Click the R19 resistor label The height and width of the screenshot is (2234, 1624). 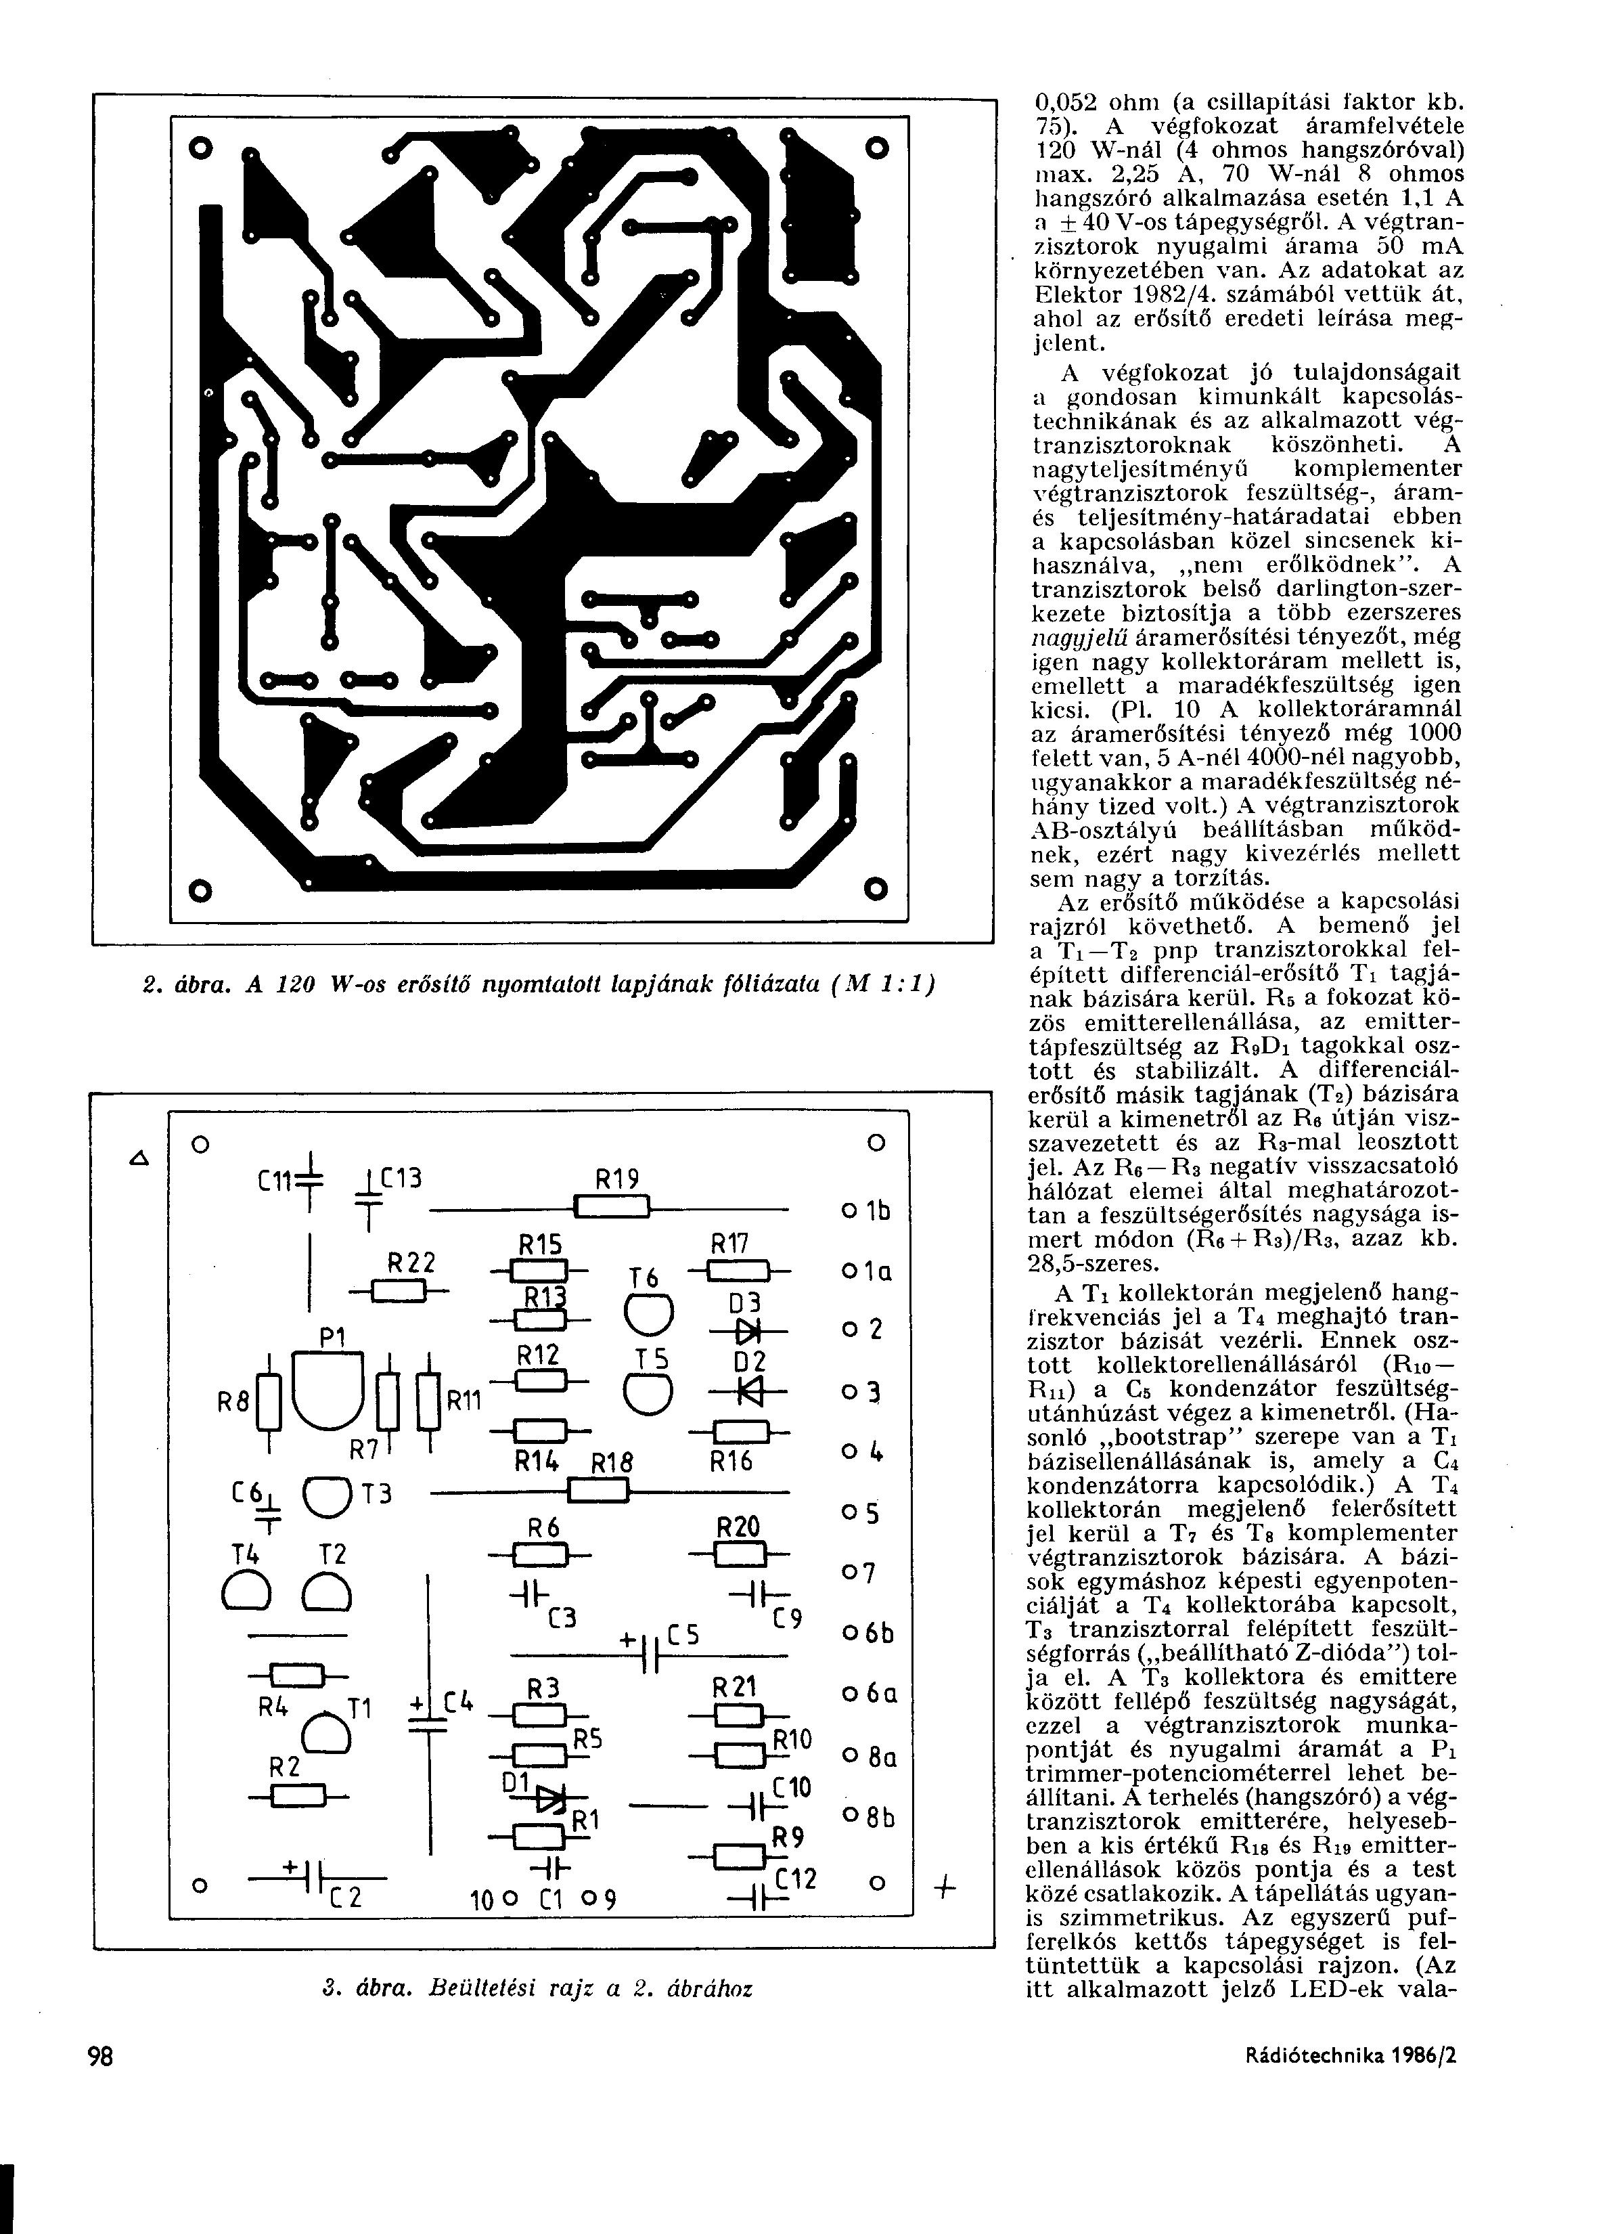618,1179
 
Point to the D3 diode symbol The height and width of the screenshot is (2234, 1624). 751,1332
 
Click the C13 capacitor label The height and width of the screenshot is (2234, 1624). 401,1176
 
